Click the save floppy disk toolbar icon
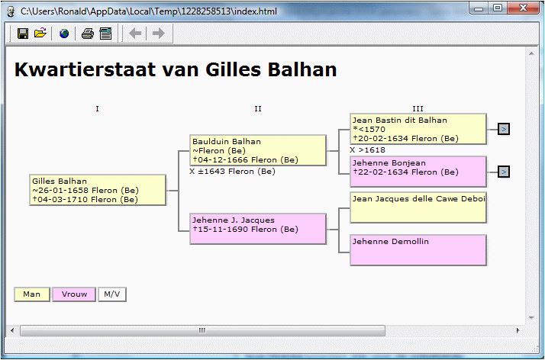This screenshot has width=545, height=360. [x=23, y=34]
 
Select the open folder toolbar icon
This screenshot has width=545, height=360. [x=40, y=33]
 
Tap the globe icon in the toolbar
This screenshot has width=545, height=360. [x=64, y=34]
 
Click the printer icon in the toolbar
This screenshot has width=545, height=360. [x=88, y=34]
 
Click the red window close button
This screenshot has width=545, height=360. [x=523, y=8]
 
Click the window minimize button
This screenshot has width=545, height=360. [x=479, y=8]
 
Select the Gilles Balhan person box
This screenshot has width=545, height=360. [x=98, y=190]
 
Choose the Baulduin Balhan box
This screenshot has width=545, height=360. [x=258, y=150]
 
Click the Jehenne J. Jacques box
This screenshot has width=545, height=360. [x=258, y=229]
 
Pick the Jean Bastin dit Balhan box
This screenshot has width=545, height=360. [x=418, y=129]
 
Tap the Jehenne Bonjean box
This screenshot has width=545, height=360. [x=418, y=172]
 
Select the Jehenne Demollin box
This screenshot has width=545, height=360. [x=418, y=250]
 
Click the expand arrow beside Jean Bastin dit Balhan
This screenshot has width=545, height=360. [x=504, y=129]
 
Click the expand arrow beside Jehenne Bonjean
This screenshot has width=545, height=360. [x=504, y=172]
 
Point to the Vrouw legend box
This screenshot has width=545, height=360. [x=74, y=294]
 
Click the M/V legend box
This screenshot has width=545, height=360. [x=112, y=294]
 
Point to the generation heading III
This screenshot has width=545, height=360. [x=418, y=108]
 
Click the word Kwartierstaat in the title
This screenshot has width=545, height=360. [x=85, y=69]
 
